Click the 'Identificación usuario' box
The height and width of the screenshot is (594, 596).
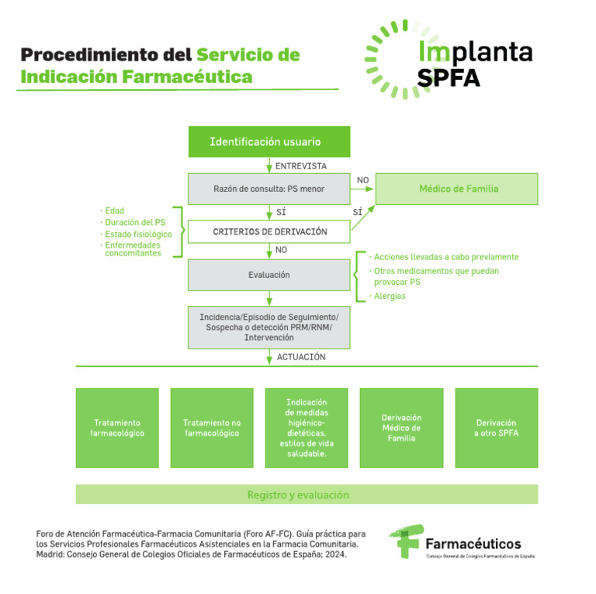click(x=269, y=142)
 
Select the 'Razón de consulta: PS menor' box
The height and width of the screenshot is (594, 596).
click(x=269, y=189)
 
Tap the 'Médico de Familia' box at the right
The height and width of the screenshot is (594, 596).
click(x=458, y=189)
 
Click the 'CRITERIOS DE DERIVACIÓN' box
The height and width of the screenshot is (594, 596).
click(x=269, y=231)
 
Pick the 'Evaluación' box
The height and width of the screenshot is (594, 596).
click(x=269, y=275)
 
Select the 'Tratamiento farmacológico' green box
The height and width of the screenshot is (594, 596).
click(x=117, y=428)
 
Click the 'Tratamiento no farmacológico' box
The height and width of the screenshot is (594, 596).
click(x=212, y=428)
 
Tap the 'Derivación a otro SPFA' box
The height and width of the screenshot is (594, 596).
click(x=496, y=428)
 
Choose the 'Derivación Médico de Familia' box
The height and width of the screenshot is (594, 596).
click(x=401, y=428)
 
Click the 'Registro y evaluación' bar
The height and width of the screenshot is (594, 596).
click(x=307, y=495)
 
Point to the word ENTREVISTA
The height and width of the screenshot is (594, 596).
click(x=301, y=165)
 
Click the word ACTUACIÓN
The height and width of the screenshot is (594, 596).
click(x=301, y=357)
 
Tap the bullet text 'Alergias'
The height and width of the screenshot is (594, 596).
click(x=390, y=296)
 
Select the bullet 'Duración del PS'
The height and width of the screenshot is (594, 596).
click(x=135, y=222)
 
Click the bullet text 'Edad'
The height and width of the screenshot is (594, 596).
click(x=114, y=210)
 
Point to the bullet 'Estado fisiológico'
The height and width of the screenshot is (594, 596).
click(x=138, y=234)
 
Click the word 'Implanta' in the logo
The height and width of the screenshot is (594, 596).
click(x=475, y=52)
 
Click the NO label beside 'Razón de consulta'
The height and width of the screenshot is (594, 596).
click(x=362, y=180)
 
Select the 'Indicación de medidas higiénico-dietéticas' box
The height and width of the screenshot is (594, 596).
click(x=307, y=428)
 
